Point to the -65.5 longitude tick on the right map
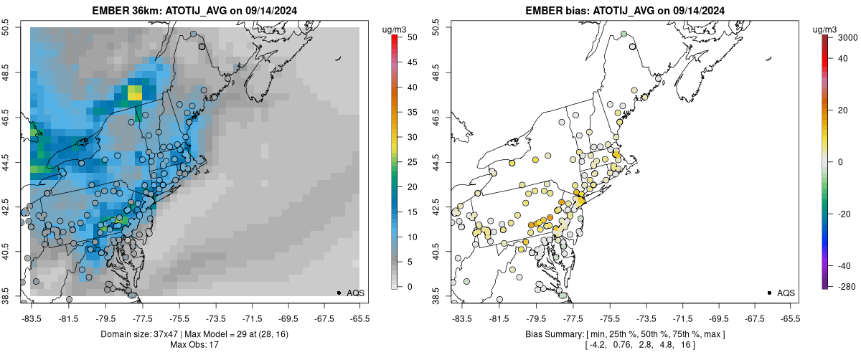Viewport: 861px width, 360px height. tap(790, 318)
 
